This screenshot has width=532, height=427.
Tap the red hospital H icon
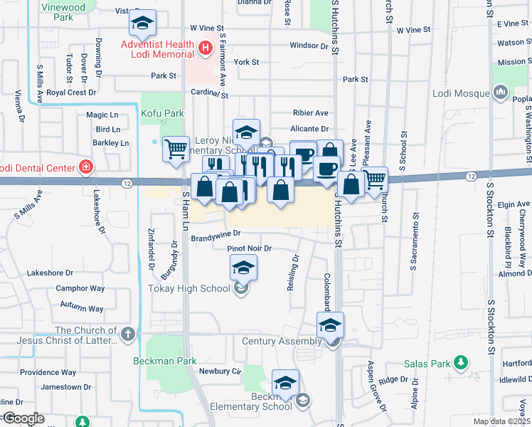pyautogui.click(x=206, y=48)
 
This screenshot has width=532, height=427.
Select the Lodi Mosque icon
pyautogui.click(x=501, y=93)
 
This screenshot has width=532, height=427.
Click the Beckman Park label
pyautogui.click(x=165, y=361)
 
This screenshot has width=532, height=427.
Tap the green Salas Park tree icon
pyautogui.click(x=462, y=363)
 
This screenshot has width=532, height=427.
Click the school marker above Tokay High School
pyautogui.click(x=243, y=268)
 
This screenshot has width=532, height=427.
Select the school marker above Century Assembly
pyautogui.click(x=330, y=325)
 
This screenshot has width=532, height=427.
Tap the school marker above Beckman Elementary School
pyautogui.click(x=285, y=383)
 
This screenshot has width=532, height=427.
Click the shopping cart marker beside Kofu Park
pyautogui.click(x=176, y=149)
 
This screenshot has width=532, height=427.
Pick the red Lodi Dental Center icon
pyautogui.click(x=86, y=167)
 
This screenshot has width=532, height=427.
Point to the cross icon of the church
pyautogui.click(x=127, y=334)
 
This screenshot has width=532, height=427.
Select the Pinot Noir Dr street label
pyautogui.click(x=250, y=248)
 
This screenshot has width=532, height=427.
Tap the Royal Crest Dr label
pyautogui.click(x=71, y=93)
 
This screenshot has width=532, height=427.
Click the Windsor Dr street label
pyautogui.click(x=309, y=46)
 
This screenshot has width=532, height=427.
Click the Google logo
pyautogui.click(x=23, y=418)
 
